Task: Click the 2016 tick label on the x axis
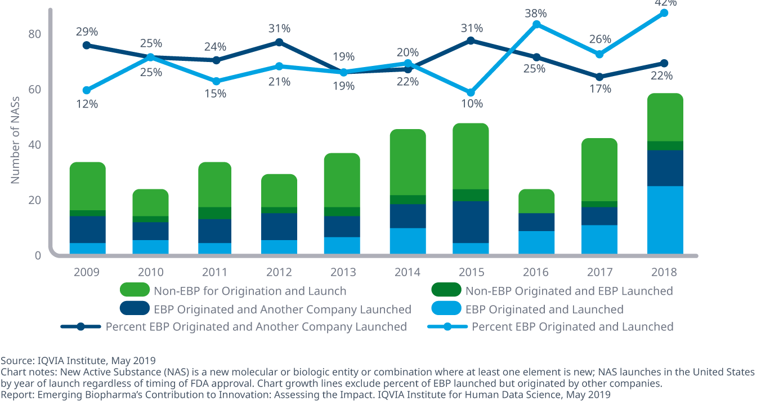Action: coord(535,272)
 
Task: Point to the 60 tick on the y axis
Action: coord(35,90)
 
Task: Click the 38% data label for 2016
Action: coord(535,13)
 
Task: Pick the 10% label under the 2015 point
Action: coord(472,104)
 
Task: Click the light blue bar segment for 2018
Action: coord(665,220)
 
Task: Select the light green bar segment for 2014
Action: coord(408,162)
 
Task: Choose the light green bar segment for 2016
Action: coord(535,201)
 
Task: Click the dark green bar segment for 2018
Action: coord(665,145)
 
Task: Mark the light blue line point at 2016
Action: coord(536,24)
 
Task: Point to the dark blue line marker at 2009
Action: coord(87,45)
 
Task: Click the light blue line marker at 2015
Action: coord(471,93)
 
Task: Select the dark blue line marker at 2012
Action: coord(279,42)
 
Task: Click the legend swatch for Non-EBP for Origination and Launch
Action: coord(135,291)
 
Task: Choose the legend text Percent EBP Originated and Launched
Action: coord(572,327)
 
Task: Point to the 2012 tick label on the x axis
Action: coord(279,272)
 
